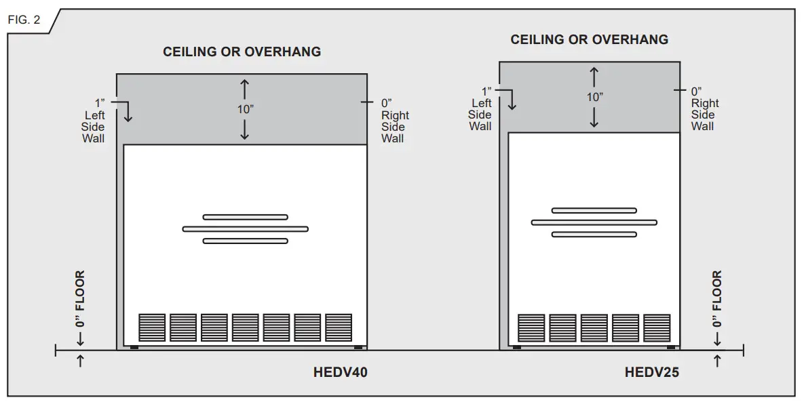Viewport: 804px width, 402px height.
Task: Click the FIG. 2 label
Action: pos(24,20)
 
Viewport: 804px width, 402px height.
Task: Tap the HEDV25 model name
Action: pos(651,372)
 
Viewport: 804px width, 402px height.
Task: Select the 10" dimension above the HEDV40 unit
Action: pos(246,109)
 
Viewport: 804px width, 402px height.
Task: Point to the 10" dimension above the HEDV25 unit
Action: pos(594,97)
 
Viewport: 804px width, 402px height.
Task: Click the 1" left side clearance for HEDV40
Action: pos(100,102)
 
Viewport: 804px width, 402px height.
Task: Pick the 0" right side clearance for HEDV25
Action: pos(696,91)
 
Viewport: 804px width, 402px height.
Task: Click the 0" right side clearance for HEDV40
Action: pos(387,102)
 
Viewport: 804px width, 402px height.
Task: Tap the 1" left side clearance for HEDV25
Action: pos(486,91)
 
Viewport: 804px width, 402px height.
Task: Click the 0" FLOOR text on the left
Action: pos(80,299)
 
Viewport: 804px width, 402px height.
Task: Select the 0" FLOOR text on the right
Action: pos(718,299)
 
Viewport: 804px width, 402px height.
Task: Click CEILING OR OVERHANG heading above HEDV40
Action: pos(242,52)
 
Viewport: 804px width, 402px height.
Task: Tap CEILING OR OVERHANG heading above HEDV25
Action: pos(590,40)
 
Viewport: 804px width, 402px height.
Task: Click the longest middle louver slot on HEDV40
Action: pos(246,229)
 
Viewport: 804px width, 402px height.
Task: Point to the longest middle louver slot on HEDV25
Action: pos(594,222)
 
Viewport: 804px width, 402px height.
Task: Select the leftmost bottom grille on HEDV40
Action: pos(152,327)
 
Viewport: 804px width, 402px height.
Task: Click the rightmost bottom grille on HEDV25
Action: pos(657,327)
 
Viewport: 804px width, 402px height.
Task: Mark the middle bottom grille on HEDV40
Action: pos(246,327)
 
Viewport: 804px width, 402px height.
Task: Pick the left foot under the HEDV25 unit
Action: pos(517,348)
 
